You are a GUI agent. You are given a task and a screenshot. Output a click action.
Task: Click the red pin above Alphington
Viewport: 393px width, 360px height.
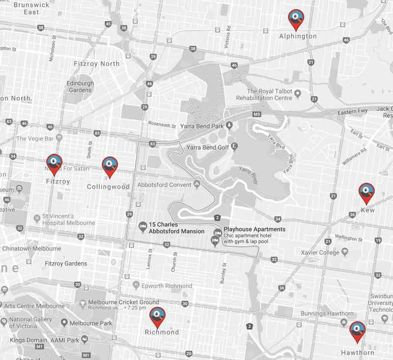click(x=295, y=19)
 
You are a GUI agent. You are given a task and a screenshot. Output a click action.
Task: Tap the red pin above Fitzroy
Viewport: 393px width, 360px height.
click(x=54, y=163)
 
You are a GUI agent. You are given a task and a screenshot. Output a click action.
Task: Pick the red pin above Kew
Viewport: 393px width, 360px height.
click(x=366, y=192)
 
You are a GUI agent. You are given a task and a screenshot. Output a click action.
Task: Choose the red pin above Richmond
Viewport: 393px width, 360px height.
click(x=157, y=316)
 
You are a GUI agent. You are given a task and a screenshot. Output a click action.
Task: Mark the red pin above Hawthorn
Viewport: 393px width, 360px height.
click(x=357, y=331)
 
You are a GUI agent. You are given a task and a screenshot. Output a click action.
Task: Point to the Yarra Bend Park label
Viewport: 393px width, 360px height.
click(x=202, y=126)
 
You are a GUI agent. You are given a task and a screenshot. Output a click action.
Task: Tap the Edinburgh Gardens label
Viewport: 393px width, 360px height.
click(x=80, y=86)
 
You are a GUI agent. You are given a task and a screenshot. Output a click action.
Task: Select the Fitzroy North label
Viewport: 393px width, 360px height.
click(x=96, y=64)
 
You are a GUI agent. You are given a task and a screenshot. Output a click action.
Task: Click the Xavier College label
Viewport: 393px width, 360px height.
click(x=322, y=252)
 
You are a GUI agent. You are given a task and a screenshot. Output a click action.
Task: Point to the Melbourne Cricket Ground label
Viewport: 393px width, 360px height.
click(x=123, y=303)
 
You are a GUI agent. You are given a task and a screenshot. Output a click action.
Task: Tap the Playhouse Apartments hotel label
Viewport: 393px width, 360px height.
click(x=254, y=229)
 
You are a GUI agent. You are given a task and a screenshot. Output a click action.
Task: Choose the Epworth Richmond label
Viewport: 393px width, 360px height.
click(x=166, y=286)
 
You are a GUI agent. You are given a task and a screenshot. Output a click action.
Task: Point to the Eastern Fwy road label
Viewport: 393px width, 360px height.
click(x=353, y=111)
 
